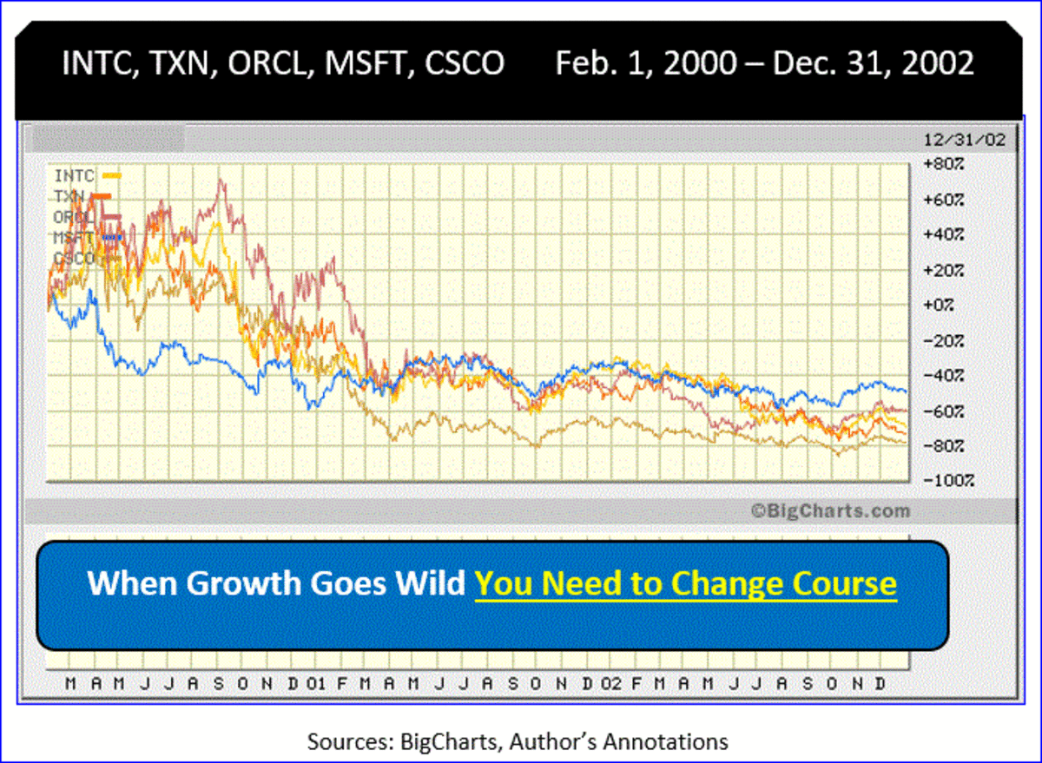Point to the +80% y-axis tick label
[942, 164]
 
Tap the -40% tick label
[942, 375]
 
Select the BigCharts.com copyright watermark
[830, 511]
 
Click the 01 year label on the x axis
[316, 684]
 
